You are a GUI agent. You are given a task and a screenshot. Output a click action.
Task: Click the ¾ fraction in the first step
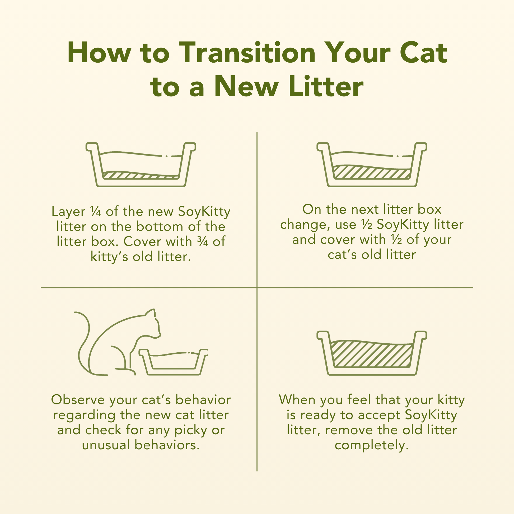click(x=203, y=242)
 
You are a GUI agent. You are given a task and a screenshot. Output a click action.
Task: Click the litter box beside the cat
click(x=174, y=362)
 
